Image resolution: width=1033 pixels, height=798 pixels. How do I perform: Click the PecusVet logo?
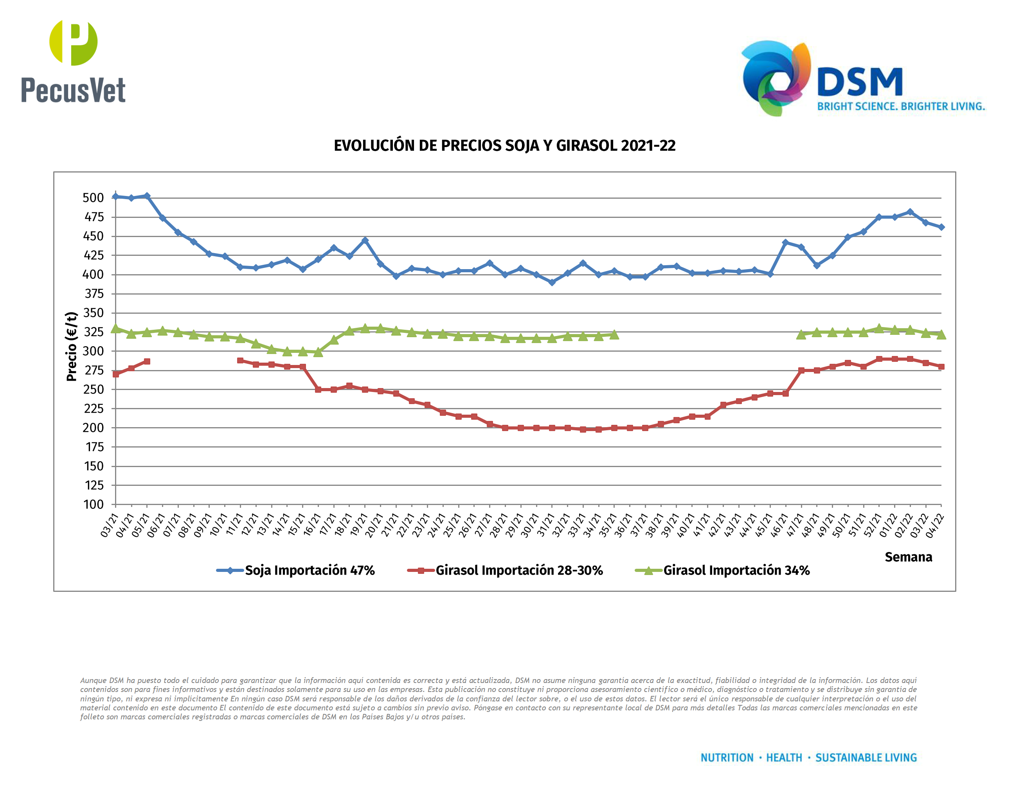coord(73,61)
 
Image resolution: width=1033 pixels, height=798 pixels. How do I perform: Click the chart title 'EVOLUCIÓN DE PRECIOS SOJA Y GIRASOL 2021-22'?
coord(504,146)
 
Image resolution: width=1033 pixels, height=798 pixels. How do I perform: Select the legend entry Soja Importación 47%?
coord(310,571)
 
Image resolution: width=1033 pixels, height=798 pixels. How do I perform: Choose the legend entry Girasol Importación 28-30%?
coord(519,571)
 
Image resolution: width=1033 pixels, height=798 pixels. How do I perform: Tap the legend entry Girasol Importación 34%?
coord(736,571)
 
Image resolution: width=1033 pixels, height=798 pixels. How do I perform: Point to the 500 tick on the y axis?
coord(93,198)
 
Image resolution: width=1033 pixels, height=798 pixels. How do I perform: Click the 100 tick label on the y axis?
coord(94,505)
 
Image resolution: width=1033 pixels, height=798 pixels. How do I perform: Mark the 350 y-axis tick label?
coord(93,313)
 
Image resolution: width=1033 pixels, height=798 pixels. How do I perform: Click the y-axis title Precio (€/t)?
coord(72,347)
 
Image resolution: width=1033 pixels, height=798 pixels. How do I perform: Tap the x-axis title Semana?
coord(908,557)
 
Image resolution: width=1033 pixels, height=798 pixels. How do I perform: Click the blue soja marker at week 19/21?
coord(365,241)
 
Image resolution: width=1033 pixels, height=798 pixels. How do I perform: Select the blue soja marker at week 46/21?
coord(786,243)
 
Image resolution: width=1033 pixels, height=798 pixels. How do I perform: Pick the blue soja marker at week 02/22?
coord(910,212)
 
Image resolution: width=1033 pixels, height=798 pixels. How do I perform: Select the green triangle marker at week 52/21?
coord(879,328)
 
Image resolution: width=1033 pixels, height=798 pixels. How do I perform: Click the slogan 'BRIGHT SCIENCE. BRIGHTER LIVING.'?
coord(901,107)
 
